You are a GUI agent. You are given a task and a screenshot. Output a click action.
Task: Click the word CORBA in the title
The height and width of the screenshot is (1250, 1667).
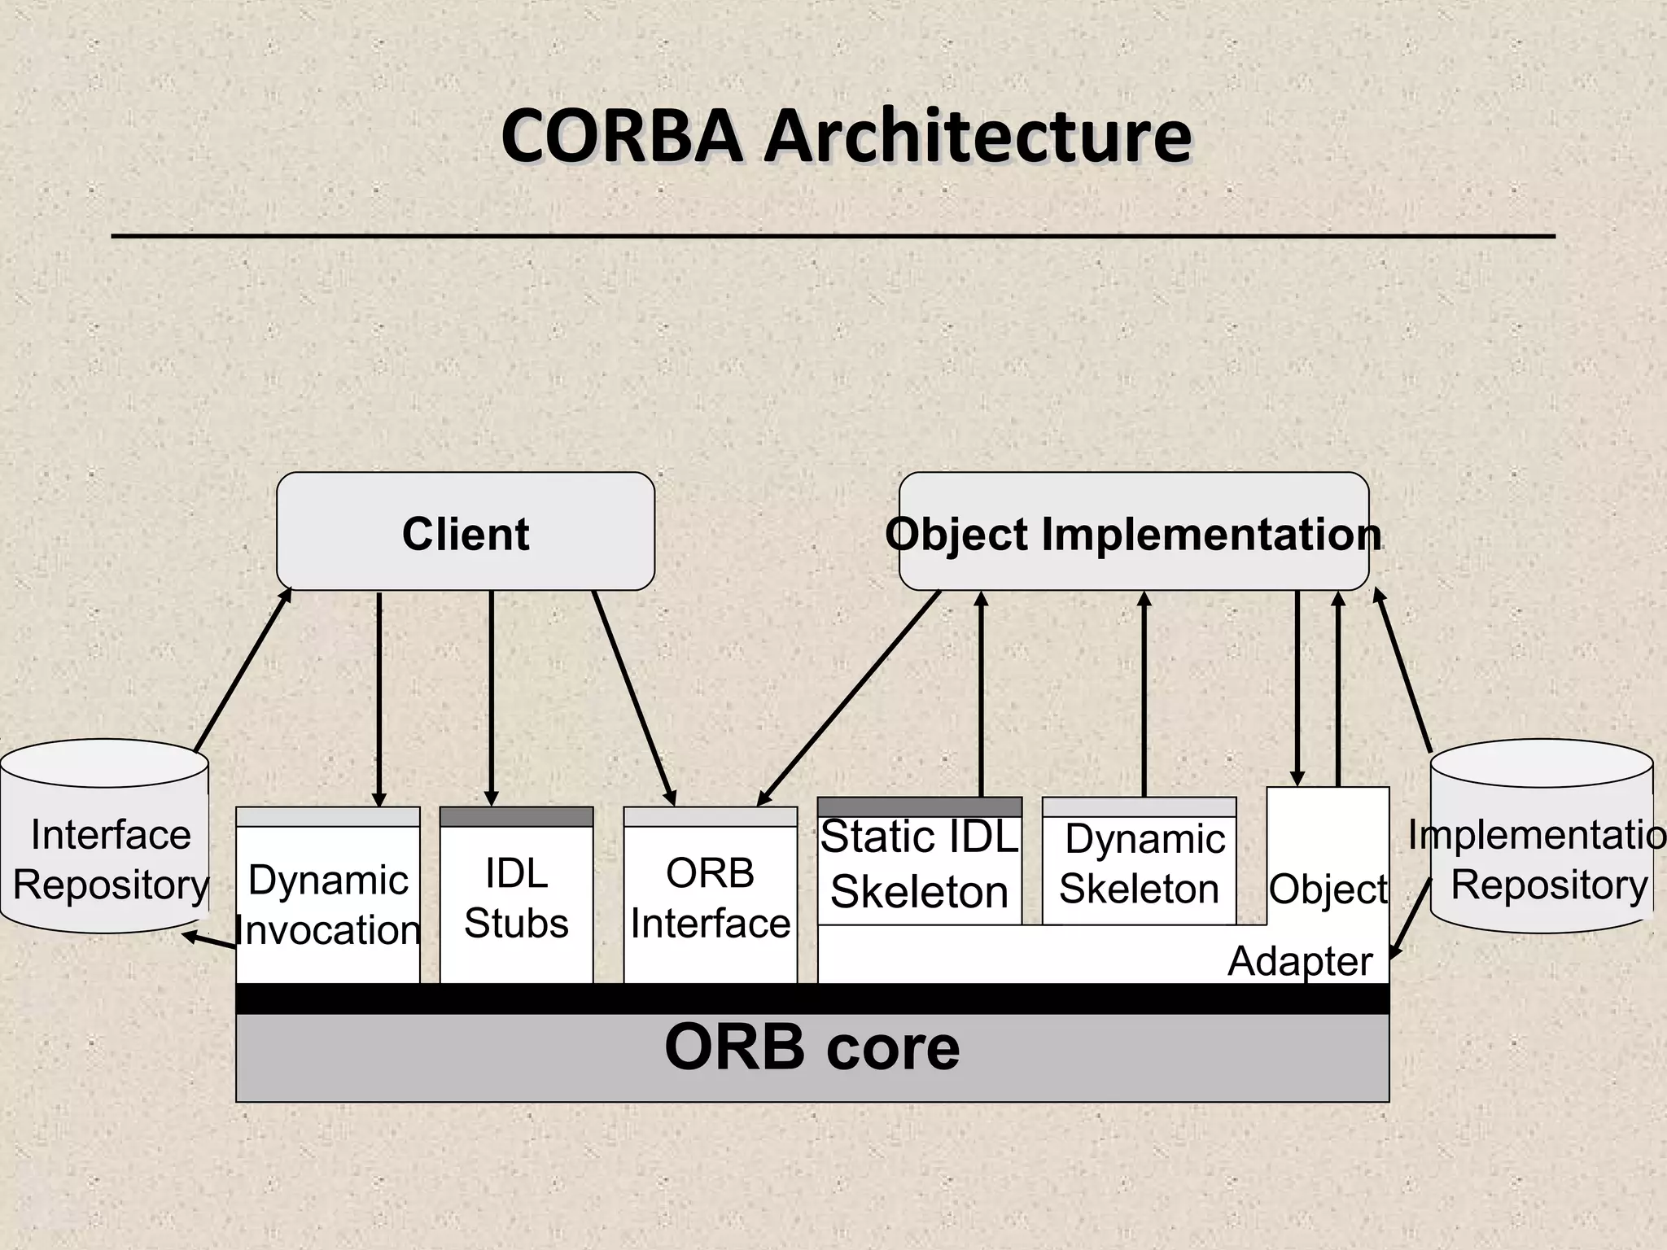pyautogui.click(x=620, y=137)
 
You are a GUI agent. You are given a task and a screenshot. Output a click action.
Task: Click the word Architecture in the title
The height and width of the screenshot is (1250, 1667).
pyautogui.click(x=977, y=137)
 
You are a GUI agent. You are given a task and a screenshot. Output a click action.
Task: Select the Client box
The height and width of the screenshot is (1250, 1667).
pyautogui.click(x=466, y=533)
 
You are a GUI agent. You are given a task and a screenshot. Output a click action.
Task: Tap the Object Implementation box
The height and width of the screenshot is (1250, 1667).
pyautogui.click(x=1133, y=533)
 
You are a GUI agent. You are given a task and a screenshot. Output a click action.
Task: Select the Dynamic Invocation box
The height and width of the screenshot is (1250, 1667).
pyautogui.click(x=328, y=903)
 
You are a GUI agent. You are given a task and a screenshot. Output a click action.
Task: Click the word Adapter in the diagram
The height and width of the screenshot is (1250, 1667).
pyautogui.click(x=1300, y=962)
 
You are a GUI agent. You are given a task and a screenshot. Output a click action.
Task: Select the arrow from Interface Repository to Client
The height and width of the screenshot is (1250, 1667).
pyautogui.click(x=243, y=669)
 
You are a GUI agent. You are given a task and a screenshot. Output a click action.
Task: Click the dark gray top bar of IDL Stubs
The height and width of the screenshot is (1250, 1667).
pyautogui.click(x=516, y=817)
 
